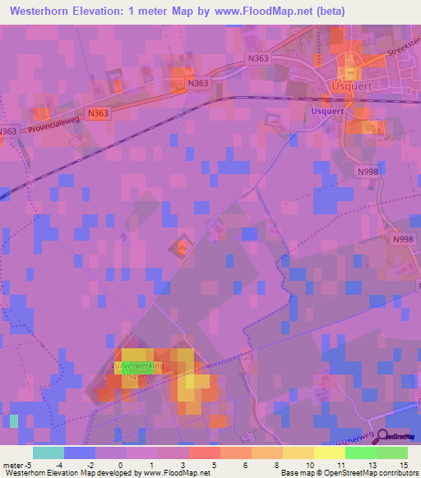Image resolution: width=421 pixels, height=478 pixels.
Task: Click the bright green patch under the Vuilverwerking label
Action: click(x=130, y=372)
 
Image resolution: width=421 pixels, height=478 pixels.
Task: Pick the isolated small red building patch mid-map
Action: click(x=182, y=246)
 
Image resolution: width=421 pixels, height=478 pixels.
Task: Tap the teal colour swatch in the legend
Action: click(x=49, y=452)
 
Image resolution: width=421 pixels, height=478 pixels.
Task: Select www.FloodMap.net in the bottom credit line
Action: click(x=175, y=472)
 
